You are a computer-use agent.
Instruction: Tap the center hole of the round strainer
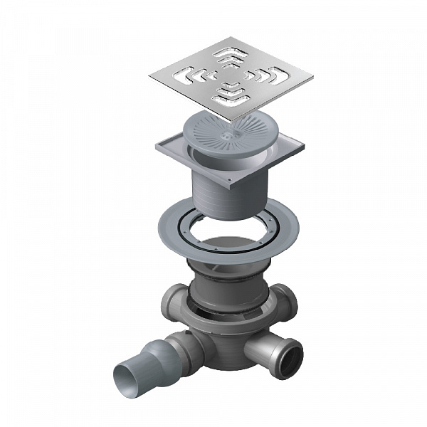226,133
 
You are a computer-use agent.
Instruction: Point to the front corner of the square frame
232,191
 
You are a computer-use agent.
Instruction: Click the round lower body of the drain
221,342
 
